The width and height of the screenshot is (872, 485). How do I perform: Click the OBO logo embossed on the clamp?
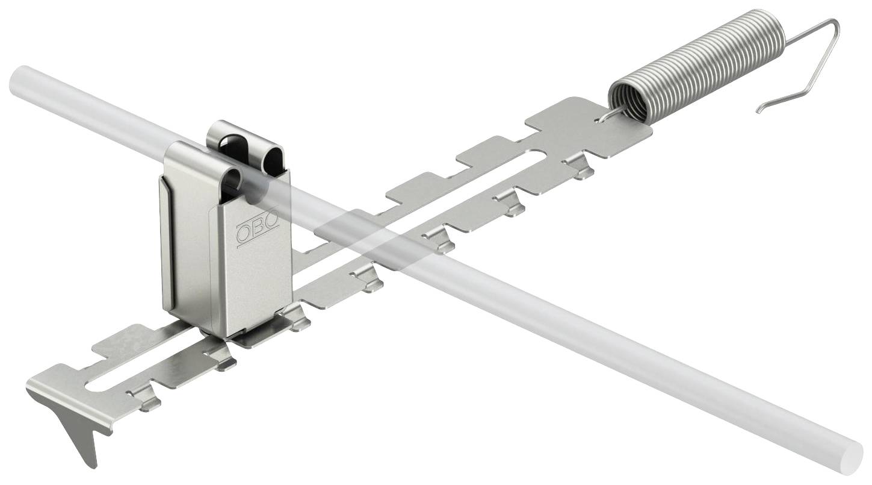click(x=258, y=229)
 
